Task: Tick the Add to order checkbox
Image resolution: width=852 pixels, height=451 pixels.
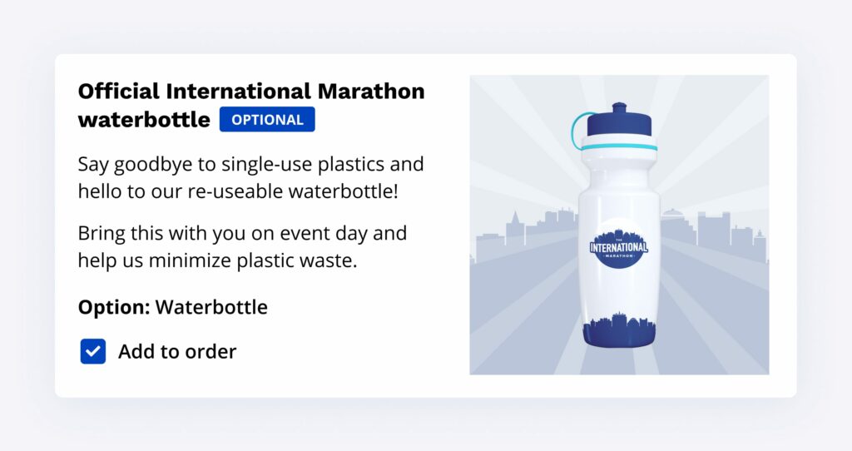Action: coord(93,351)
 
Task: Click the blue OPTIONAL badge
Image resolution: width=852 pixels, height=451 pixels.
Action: coord(267,120)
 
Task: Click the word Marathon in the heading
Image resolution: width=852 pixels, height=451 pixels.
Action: coord(371,92)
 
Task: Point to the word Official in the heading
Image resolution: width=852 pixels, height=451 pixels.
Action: coord(119,92)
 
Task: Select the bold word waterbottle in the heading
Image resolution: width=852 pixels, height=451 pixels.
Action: coord(144,120)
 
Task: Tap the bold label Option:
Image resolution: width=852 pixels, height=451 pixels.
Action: coord(114,308)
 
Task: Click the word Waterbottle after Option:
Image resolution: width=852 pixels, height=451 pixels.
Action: coord(211,308)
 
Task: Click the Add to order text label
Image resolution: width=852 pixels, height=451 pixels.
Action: coord(178,351)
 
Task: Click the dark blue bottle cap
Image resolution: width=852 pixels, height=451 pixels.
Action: coord(619,124)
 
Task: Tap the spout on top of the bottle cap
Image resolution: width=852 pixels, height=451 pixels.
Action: coord(619,107)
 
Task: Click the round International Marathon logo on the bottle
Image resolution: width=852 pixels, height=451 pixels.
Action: coord(619,248)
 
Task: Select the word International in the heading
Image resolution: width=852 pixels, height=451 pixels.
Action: coord(239,92)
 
